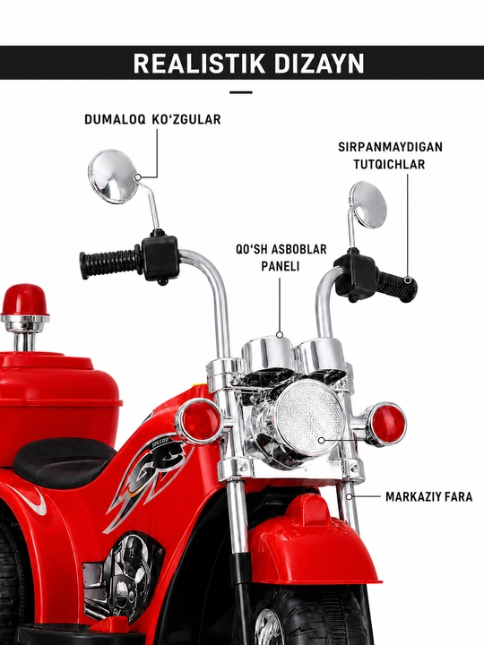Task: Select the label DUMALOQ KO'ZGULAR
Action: click(x=152, y=119)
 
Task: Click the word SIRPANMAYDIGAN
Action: click(x=390, y=147)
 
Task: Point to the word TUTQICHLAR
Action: click(x=389, y=164)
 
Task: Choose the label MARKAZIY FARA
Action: click(x=428, y=496)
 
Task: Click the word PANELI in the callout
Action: click(x=281, y=266)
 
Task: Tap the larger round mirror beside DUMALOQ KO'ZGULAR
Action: click(x=113, y=176)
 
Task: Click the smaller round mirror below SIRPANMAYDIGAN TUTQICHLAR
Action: click(x=368, y=205)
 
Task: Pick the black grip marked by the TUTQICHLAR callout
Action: click(x=397, y=286)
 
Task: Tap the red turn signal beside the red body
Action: click(x=200, y=422)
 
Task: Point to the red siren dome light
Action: click(x=24, y=299)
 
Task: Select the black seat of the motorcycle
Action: click(x=64, y=461)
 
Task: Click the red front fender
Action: click(x=314, y=539)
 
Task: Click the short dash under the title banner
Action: click(x=241, y=92)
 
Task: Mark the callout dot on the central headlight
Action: click(x=322, y=441)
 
